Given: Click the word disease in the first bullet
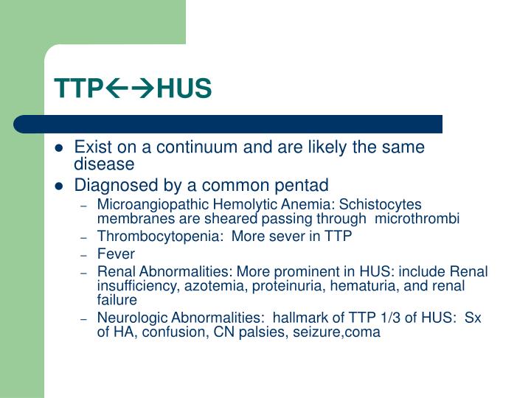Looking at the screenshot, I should pyautogui.click(x=104, y=164).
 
